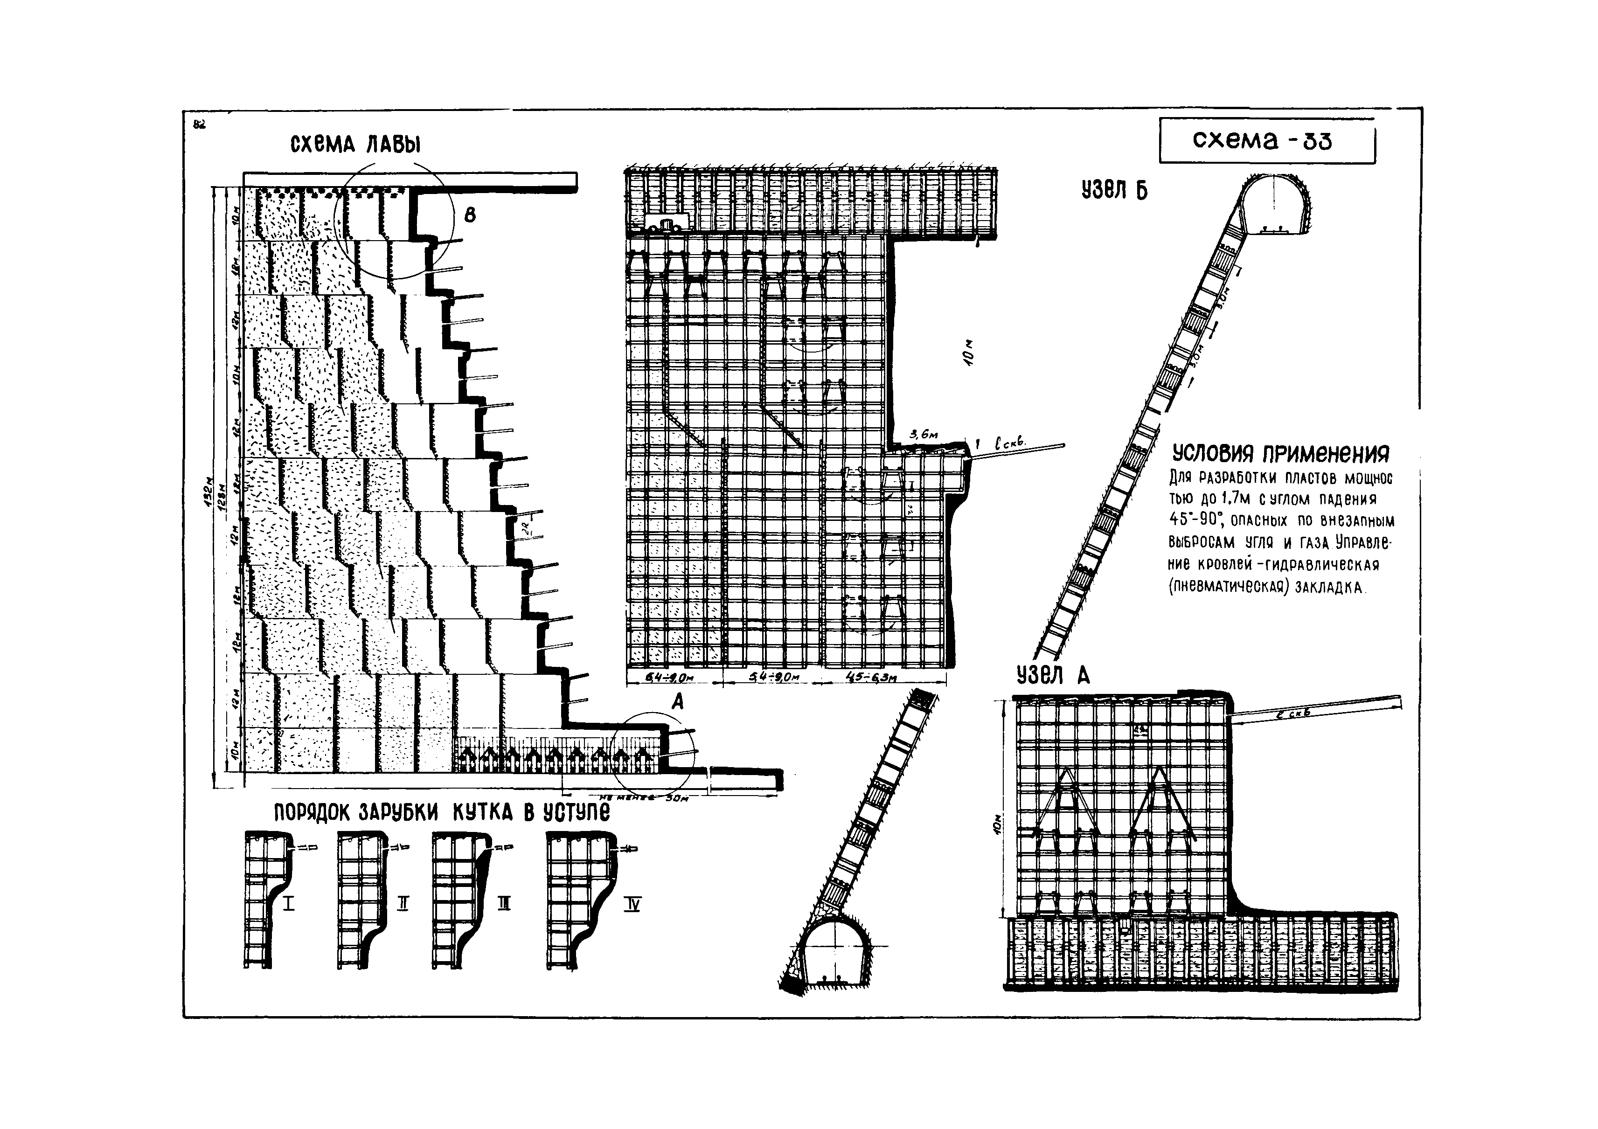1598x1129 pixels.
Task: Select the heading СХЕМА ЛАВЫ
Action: click(x=355, y=144)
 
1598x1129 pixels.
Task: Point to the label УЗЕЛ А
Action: click(x=1052, y=676)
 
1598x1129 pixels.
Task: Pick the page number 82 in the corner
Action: click(x=199, y=125)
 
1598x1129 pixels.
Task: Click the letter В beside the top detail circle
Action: click(x=470, y=216)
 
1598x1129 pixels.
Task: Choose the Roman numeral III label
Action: click(x=505, y=904)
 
